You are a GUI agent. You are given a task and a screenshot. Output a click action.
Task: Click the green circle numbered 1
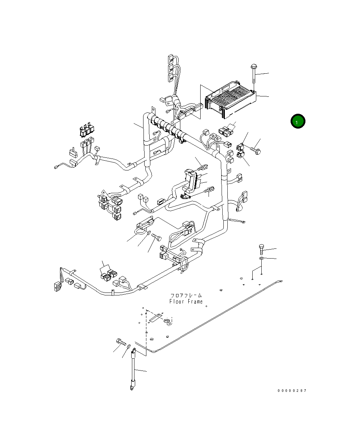pyautogui.click(x=298, y=121)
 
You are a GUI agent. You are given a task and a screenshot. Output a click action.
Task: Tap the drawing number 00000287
pyautogui.click(x=292, y=391)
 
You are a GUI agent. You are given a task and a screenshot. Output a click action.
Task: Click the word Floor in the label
pyautogui.click(x=177, y=302)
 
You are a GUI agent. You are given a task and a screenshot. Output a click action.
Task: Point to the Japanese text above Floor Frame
pyautogui.click(x=186, y=295)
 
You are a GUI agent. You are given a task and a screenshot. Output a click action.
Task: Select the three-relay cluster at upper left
pyautogui.click(x=87, y=130)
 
